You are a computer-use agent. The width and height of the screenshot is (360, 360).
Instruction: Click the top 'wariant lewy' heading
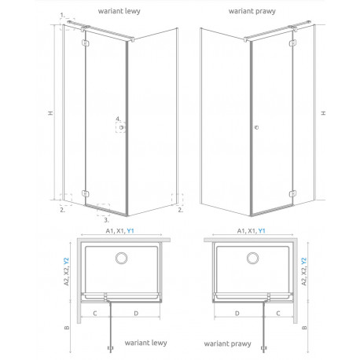119,11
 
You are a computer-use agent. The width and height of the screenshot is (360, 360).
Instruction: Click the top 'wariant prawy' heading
252,11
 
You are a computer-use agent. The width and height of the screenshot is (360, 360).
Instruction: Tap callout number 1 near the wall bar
62,15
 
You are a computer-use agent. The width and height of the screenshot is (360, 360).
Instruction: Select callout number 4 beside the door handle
119,119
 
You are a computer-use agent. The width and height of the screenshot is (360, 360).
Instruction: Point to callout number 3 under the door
106,220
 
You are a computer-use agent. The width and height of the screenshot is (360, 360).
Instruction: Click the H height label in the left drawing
50,113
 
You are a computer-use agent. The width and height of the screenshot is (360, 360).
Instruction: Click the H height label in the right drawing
324,113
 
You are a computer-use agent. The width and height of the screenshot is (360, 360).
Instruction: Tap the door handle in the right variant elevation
256,127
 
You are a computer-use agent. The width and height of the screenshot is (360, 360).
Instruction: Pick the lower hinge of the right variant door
292,194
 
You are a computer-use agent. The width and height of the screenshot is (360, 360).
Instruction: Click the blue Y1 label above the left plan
130,231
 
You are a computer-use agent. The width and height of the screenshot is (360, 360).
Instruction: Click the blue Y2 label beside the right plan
303,261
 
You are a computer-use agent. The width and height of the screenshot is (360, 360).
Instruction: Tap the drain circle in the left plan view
122,258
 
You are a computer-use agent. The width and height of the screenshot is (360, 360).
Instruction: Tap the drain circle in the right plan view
253,258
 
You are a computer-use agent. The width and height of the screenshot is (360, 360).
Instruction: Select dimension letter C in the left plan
95,313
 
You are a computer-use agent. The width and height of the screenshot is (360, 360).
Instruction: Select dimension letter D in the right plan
237,313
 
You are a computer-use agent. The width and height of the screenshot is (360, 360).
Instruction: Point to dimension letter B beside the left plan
67,327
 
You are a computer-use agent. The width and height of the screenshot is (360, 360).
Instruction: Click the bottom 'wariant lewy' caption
145,343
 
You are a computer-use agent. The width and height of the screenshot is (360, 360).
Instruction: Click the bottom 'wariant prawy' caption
227,343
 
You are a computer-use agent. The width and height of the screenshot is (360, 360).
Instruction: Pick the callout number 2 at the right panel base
180,210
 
